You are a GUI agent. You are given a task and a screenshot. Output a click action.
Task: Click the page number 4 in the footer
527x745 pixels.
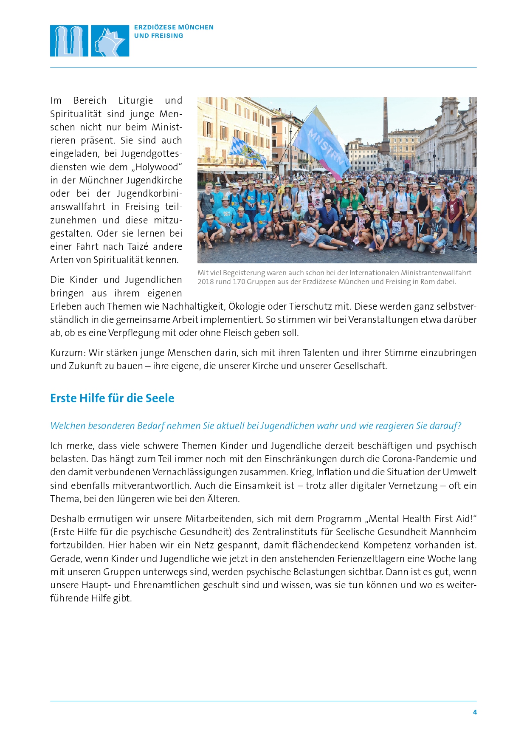tap(475, 712)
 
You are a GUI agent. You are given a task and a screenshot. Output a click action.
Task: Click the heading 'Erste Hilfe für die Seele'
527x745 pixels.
tap(112, 398)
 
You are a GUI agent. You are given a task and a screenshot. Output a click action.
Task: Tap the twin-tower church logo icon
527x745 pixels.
tap(69, 41)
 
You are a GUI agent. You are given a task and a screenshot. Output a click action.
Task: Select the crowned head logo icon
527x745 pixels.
tap(110, 41)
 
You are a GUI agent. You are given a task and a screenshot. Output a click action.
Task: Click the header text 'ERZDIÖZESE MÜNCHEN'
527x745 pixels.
tap(174, 27)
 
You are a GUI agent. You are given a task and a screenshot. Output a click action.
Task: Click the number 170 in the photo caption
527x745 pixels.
tap(239, 282)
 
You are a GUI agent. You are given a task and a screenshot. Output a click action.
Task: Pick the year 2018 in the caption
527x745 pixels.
tap(206, 282)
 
